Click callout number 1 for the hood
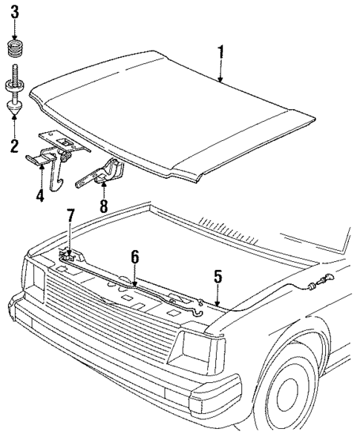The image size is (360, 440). [220, 53]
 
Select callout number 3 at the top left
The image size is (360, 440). [14, 13]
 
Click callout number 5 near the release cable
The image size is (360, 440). [217, 277]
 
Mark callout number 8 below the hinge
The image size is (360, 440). [104, 206]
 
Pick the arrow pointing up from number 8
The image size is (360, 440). [104, 190]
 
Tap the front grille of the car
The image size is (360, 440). [111, 319]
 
